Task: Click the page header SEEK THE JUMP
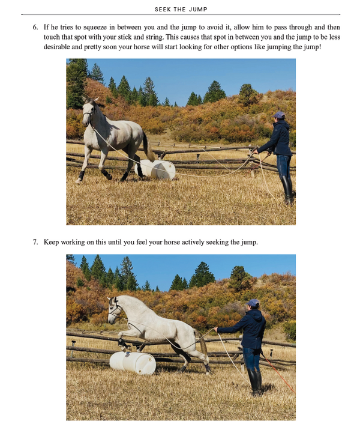point(181,10)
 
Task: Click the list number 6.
point(35,27)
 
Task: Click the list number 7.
point(35,242)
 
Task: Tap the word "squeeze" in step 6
point(95,28)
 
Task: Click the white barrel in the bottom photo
point(133,363)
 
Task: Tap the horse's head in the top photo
point(89,111)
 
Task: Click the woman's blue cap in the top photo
point(279,115)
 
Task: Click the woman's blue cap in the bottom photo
point(253,303)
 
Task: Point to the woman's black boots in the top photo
point(287,190)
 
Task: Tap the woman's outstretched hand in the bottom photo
point(215,329)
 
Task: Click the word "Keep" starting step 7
point(51,243)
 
